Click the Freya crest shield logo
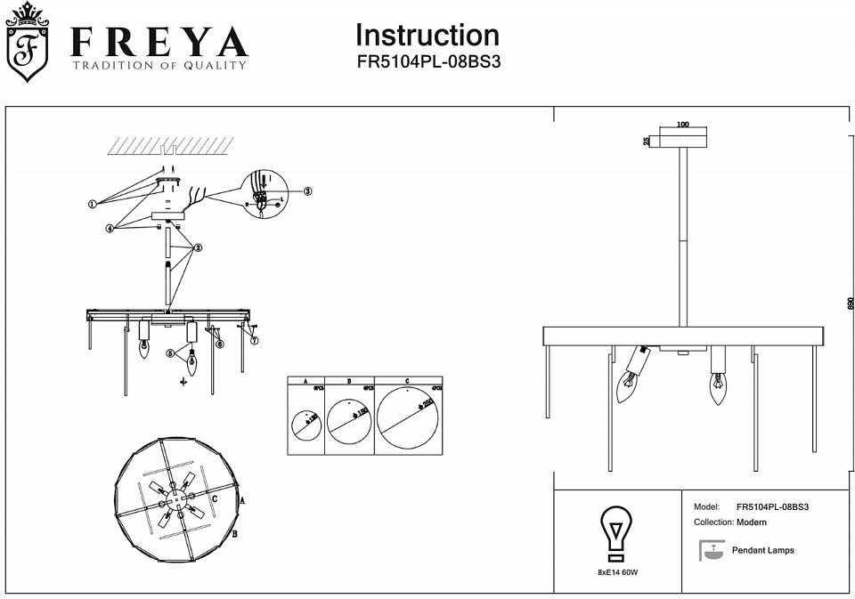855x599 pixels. point(28,45)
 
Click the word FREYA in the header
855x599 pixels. point(159,42)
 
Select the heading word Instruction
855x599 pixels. point(427,36)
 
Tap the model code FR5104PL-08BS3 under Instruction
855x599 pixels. point(427,63)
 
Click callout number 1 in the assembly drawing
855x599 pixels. point(92,203)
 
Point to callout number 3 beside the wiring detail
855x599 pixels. point(308,190)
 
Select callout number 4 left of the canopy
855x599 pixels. point(110,228)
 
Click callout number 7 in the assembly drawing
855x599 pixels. point(254,340)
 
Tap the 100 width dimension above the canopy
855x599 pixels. point(683,125)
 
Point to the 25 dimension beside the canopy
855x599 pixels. point(647,141)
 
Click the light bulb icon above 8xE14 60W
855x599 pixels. point(615,532)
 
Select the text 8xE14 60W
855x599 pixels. point(617,571)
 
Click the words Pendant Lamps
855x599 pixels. point(762,550)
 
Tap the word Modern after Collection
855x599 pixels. point(752,522)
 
